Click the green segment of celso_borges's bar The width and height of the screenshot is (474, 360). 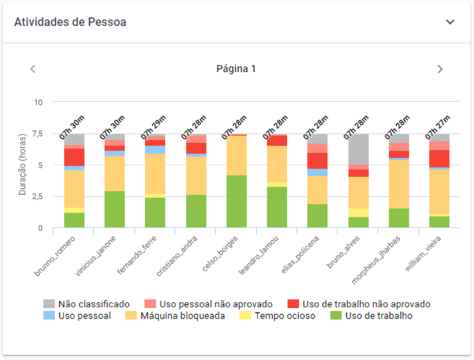coord(236,201)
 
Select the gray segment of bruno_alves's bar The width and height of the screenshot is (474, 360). coord(358,149)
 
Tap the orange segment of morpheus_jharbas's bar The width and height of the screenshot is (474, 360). coord(398,184)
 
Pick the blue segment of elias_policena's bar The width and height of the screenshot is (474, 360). coord(317,172)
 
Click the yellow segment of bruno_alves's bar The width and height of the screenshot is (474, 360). coord(358,213)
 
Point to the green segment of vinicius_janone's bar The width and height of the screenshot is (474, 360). coord(114,209)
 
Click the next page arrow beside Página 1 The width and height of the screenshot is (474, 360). coord(440,69)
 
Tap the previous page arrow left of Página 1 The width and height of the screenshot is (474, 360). coord(33,69)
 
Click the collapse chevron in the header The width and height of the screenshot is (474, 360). coord(450,22)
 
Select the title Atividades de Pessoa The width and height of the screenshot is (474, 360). coord(70,22)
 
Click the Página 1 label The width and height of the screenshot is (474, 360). coord(236,69)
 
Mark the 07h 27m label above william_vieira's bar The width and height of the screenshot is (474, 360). coord(438,126)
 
